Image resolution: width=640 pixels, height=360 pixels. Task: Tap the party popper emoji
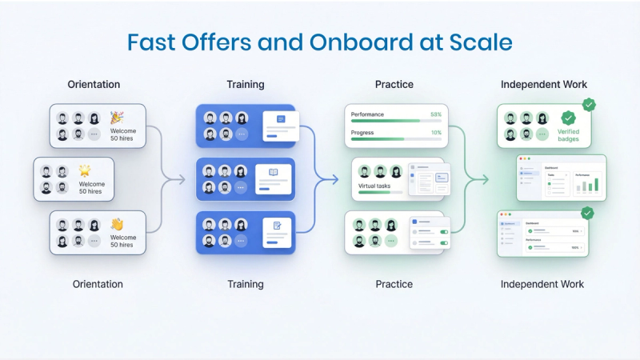click(117, 117)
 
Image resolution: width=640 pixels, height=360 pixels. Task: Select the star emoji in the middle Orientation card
click(85, 170)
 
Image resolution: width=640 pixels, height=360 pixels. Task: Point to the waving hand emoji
click(117, 224)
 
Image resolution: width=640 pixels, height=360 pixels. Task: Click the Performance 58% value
click(436, 114)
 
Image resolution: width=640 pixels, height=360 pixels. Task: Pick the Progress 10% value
click(436, 132)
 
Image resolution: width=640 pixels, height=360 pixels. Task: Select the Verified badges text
click(568, 134)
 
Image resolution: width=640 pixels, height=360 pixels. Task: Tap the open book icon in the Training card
click(273, 172)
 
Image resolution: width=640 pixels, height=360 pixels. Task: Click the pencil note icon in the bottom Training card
click(277, 226)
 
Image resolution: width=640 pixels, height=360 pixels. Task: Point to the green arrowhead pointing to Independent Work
click(486, 179)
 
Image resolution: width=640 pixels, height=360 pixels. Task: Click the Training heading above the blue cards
click(245, 85)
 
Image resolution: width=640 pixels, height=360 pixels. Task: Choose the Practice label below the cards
click(394, 284)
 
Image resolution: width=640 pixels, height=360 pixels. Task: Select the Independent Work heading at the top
click(543, 85)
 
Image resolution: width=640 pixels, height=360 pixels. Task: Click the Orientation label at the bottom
click(98, 284)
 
